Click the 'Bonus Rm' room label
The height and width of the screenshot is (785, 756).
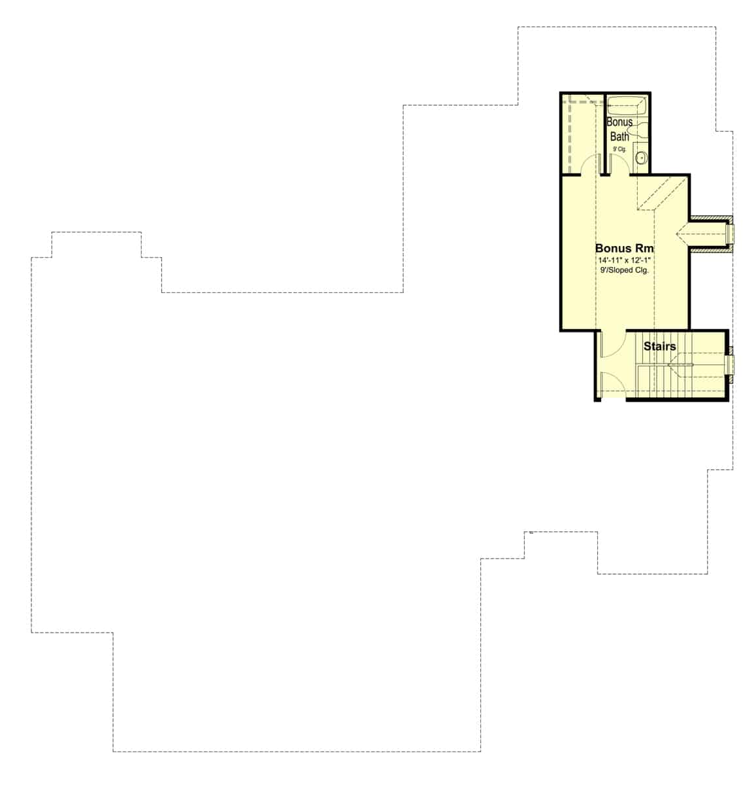coord(624,249)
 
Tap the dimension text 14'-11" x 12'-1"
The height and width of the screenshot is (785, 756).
coord(624,260)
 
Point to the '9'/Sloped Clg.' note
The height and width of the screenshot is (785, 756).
coord(624,270)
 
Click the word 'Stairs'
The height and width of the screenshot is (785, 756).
coord(659,346)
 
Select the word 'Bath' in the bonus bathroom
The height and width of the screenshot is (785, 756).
coord(619,137)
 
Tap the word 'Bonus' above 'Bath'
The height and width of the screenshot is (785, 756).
coord(619,122)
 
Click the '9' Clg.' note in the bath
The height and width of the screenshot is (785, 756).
coord(619,150)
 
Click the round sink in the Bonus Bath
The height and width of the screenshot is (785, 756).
coord(641,158)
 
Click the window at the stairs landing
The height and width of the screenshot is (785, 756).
coord(731,364)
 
